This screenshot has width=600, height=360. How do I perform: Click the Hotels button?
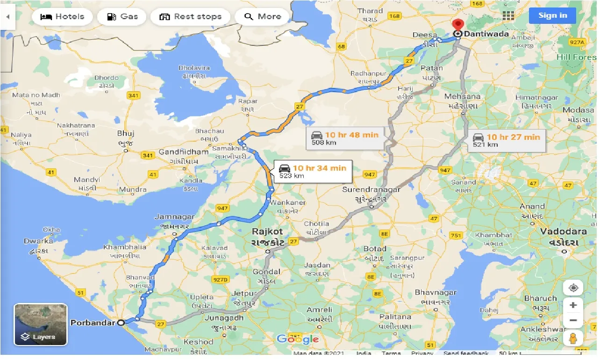pos(62,17)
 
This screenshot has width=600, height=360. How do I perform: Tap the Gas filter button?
pos(121,17)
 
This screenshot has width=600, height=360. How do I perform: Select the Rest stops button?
pos(190,17)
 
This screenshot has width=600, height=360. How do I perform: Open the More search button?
pos(263,17)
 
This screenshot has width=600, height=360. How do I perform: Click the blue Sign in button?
pos(552,15)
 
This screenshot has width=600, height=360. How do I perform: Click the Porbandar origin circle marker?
pos(121,322)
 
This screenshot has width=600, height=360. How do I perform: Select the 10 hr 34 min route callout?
pos(313,172)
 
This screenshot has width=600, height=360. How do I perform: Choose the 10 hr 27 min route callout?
pos(507,140)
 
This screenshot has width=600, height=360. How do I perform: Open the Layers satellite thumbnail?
pos(41,324)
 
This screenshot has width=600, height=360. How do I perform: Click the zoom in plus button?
pos(573,305)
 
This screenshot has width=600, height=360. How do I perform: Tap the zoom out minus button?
pos(573,321)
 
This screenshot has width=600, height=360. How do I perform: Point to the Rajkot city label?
pos(268,231)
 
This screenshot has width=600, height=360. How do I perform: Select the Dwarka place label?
pos(38,241)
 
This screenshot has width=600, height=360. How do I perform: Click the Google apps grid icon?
pos(508,15)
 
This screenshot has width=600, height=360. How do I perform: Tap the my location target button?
pos(573,287)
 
